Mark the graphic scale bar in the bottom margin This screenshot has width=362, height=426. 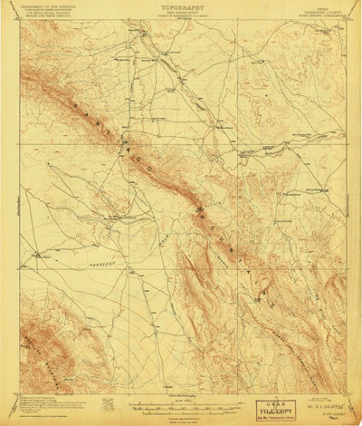pyautogui.click(x=181, y=397)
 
